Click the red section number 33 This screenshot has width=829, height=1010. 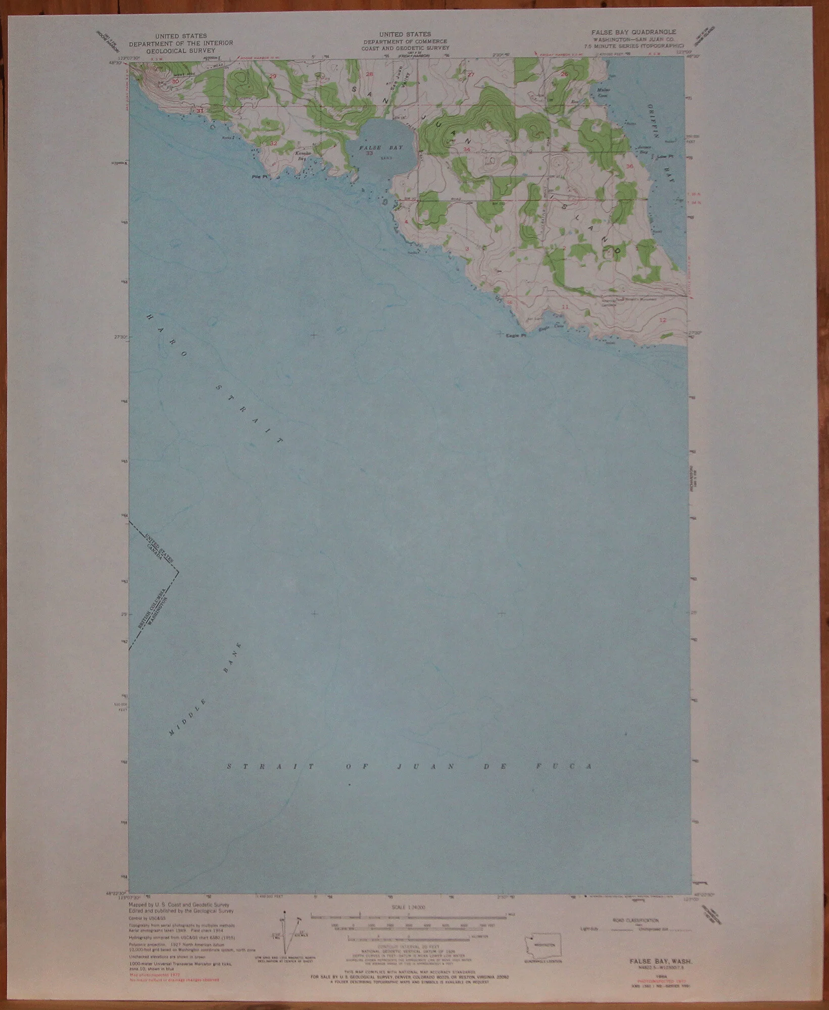point(370,153)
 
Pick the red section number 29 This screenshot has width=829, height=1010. point(274,76)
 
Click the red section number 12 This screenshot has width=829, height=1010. point(663,320)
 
